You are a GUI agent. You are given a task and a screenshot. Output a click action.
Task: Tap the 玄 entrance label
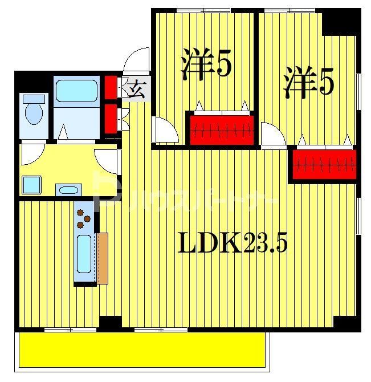click(136, 90)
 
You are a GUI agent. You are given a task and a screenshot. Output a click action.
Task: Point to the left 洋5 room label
click(206, 64)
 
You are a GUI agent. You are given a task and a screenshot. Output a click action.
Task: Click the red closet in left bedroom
click(221, 130)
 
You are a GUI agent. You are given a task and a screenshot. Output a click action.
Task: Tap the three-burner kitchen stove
click(84, 218)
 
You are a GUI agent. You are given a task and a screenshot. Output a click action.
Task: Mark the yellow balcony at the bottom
click(142, 348)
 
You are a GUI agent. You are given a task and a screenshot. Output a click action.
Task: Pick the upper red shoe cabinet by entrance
click(111, 87)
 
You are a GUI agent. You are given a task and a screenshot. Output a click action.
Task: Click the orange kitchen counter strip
click(102, 258)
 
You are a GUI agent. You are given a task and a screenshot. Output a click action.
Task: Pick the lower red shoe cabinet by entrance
click(111, 117)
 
